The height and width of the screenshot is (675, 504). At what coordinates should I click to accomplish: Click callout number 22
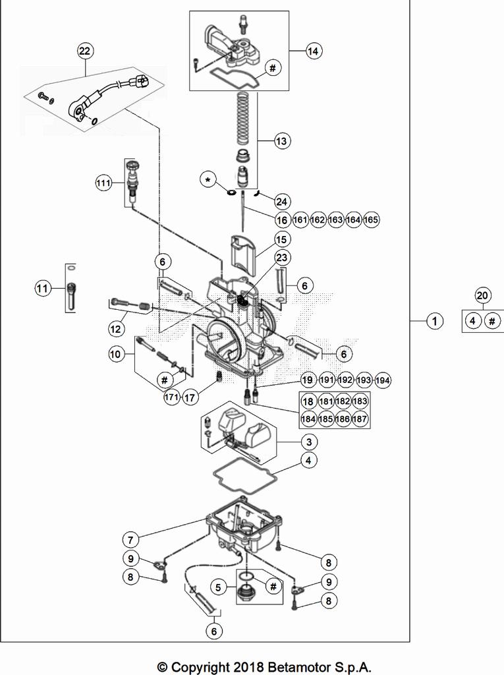[x=84, y=51]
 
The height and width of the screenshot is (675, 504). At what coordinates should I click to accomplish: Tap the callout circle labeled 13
[x=282, y=140]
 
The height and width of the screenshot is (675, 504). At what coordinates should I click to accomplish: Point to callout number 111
[x=102, y=184]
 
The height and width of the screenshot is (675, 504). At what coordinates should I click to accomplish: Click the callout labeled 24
[x=282, y=201]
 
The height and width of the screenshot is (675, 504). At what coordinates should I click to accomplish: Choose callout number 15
[x=282, y=239]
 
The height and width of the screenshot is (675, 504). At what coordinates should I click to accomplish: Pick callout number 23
[x=282, y=258]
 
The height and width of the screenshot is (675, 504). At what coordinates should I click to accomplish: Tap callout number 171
[x=171, y=397]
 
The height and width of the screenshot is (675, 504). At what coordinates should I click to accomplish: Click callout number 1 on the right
[x=434, y=321]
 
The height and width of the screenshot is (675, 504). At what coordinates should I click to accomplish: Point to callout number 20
[x=482, y=296]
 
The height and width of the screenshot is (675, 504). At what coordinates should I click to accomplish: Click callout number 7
[x=130, y=540]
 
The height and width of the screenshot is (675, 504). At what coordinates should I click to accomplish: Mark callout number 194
[x=383, y=380]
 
